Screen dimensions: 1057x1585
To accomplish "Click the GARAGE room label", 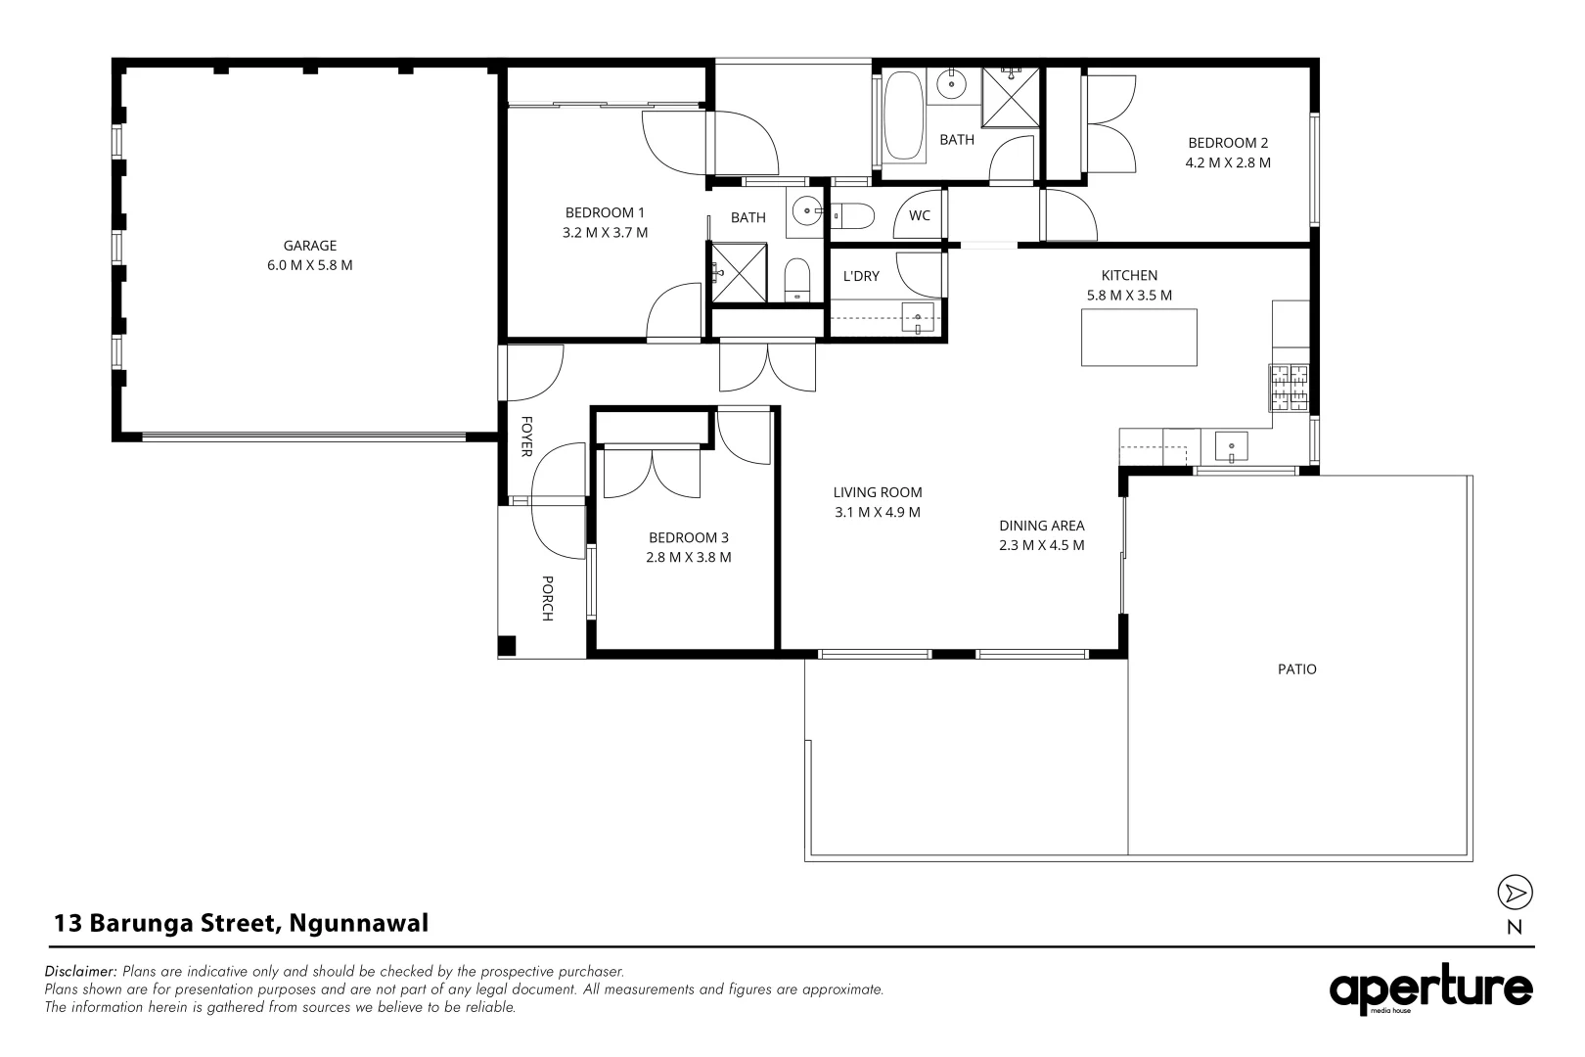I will (x=309, y=246).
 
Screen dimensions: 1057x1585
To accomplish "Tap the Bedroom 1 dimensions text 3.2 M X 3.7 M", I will (x=605, y=233).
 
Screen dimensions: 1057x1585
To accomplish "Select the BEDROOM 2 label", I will (x=1228, y=143).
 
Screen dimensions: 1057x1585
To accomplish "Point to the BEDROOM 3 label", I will (x=688, y=537).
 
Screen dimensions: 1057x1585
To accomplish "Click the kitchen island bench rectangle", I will (x=1139, y=338).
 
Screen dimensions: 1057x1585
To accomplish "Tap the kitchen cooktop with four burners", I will (x=1289, y=387).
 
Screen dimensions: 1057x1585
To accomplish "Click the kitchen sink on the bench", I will (x=1231, y=447).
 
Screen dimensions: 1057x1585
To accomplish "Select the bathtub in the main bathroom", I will (x=904, y=116).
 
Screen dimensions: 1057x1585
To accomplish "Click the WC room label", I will (x=920, y=216).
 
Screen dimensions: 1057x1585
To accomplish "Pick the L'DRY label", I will (x=861, y=276).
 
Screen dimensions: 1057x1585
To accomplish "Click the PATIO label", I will (x=1297, y=669).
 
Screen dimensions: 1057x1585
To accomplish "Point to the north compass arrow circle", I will (x=1515, y=893).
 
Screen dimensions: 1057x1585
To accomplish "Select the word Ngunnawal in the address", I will (x=359, y=923).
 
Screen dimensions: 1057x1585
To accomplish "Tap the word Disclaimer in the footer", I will (x=81, y=972).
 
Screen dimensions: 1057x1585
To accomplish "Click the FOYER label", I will (x=525, y=437).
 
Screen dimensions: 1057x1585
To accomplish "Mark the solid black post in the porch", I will (x=507, y=645).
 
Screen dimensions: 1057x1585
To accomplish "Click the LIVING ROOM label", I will (x=878, y=492).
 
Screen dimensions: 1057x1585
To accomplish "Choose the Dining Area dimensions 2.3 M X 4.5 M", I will (x=1041, y=545).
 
